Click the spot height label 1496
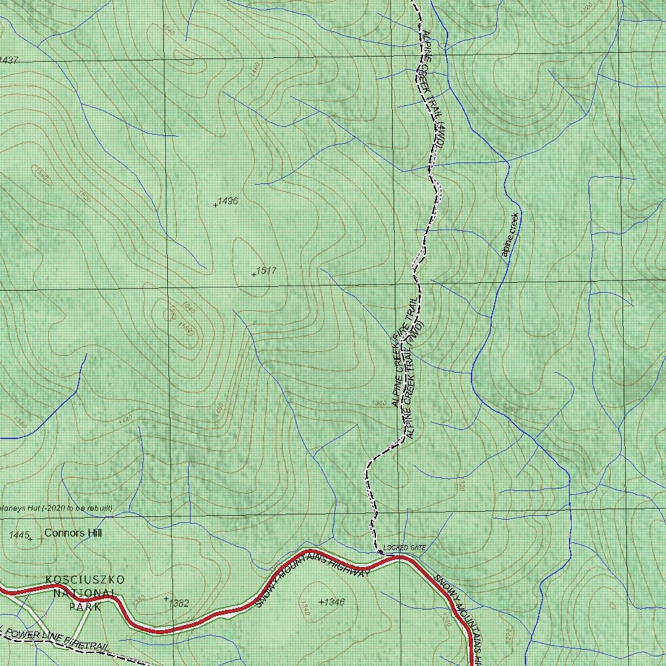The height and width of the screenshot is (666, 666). click(228, 201)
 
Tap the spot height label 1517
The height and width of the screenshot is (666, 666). click(267, 271)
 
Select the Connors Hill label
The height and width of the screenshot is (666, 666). click(73, 533)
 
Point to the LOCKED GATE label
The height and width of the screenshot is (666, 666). click(405, 548)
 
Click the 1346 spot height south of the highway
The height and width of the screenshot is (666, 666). click(334, 602)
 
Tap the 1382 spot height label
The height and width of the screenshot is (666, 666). click(178, 604)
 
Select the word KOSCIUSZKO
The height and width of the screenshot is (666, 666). click(85, 579)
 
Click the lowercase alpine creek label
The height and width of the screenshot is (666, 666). click(511, 235)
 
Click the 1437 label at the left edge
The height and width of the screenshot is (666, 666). click(8, 60)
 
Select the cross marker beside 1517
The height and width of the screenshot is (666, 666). click(254, 274)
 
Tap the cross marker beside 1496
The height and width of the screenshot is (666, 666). click(215, 205)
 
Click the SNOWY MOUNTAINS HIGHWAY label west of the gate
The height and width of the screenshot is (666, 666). click(312, 578)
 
